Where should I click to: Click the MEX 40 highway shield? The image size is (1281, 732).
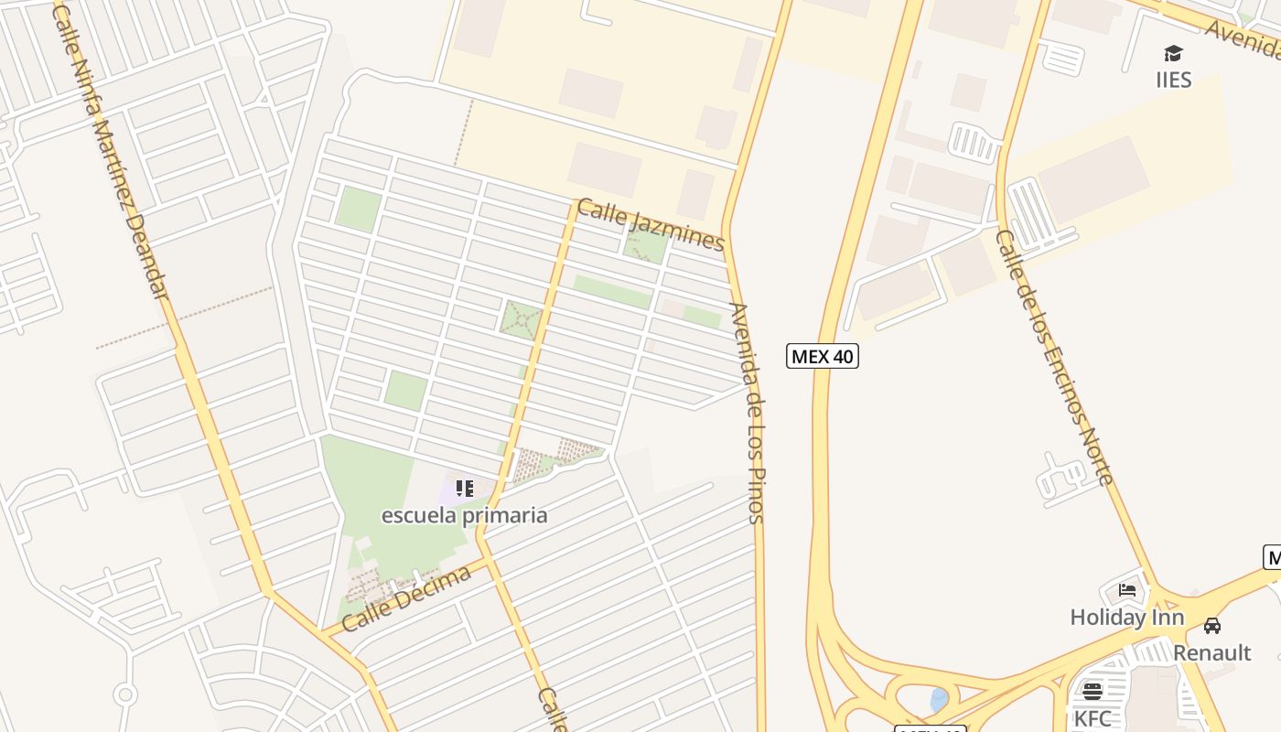(822, 356)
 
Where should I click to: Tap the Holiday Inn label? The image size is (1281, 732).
(1126, 618)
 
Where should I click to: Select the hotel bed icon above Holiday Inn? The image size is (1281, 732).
(1127, 590)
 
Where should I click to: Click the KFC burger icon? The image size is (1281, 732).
(1092, 691)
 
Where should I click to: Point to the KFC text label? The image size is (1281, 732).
(1093, 718)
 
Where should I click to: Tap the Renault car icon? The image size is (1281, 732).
(1212, 626)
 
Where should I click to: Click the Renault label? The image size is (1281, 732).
(1211, 652)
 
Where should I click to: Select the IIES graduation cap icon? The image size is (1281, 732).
(1173, 53)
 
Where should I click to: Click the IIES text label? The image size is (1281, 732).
(1173, 81)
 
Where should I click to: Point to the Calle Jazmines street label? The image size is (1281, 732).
(651, 225)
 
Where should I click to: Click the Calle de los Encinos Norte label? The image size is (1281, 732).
(1054, 357)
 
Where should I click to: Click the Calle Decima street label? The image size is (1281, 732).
(406, 598)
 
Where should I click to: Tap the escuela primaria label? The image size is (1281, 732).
(464, 515)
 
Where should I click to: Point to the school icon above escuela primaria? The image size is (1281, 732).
(464, 488)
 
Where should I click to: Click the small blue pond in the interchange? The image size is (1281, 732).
(939, 701)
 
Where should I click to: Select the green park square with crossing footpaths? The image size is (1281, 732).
(522, 319)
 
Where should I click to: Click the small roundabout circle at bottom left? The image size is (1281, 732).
(125, 694)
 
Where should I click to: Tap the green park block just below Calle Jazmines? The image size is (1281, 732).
(646, 246)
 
